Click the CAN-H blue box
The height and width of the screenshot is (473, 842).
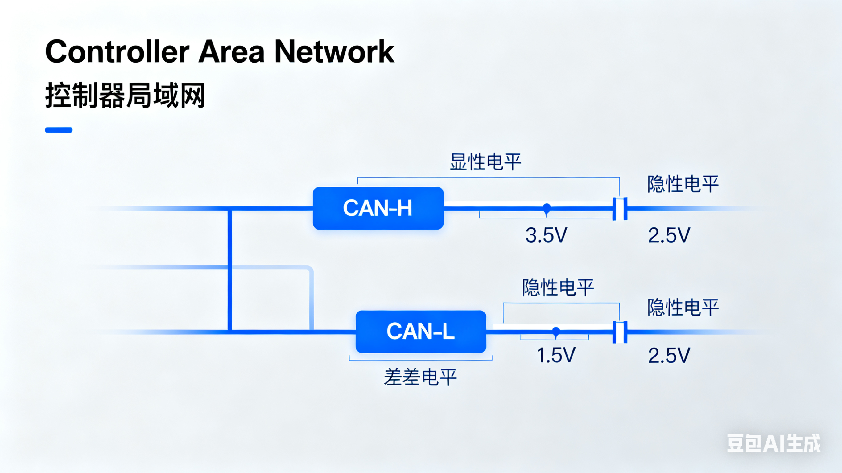click(x=378, y=208)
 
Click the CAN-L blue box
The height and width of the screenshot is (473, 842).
click(x=421, y=332)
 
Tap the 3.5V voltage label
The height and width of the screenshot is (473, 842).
click(x=546, y=235)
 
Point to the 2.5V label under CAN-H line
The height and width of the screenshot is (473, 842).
click(x=669, y=235)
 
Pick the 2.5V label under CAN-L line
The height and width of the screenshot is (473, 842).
click(x=669, y=355)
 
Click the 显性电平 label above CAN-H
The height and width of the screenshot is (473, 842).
click(x=485, y=162)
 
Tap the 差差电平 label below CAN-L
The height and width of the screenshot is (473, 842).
click(x=420, y=377)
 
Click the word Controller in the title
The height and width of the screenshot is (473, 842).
click(x=117, y=51)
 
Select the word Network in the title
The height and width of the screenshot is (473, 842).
click(x=334, y=51)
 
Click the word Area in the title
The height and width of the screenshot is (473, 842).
click(x=231, y=51)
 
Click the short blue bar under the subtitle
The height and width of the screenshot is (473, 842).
click(x=59, y=130)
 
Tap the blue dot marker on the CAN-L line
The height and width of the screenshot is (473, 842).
click(x=556, y=331)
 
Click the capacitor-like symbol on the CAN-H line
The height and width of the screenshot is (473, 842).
click(x=620, y=209)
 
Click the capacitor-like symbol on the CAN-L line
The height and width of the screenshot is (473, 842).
click(x=620, y=332)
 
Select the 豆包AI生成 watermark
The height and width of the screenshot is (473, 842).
click(x=773, y=444)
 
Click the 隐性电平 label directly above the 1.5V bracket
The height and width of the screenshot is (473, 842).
click(x=558, y=287)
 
